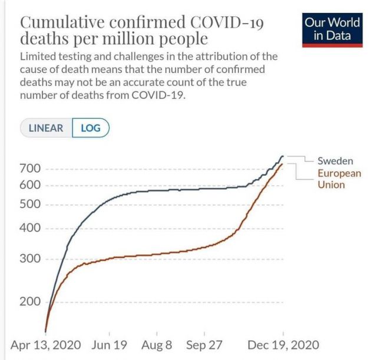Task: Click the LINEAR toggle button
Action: [46, 128]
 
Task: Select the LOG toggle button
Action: [91, 128]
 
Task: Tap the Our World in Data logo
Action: [332, 29]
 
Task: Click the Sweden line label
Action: [335, 160]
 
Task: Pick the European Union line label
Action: [339, 179]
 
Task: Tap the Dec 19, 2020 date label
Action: [283, 344]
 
